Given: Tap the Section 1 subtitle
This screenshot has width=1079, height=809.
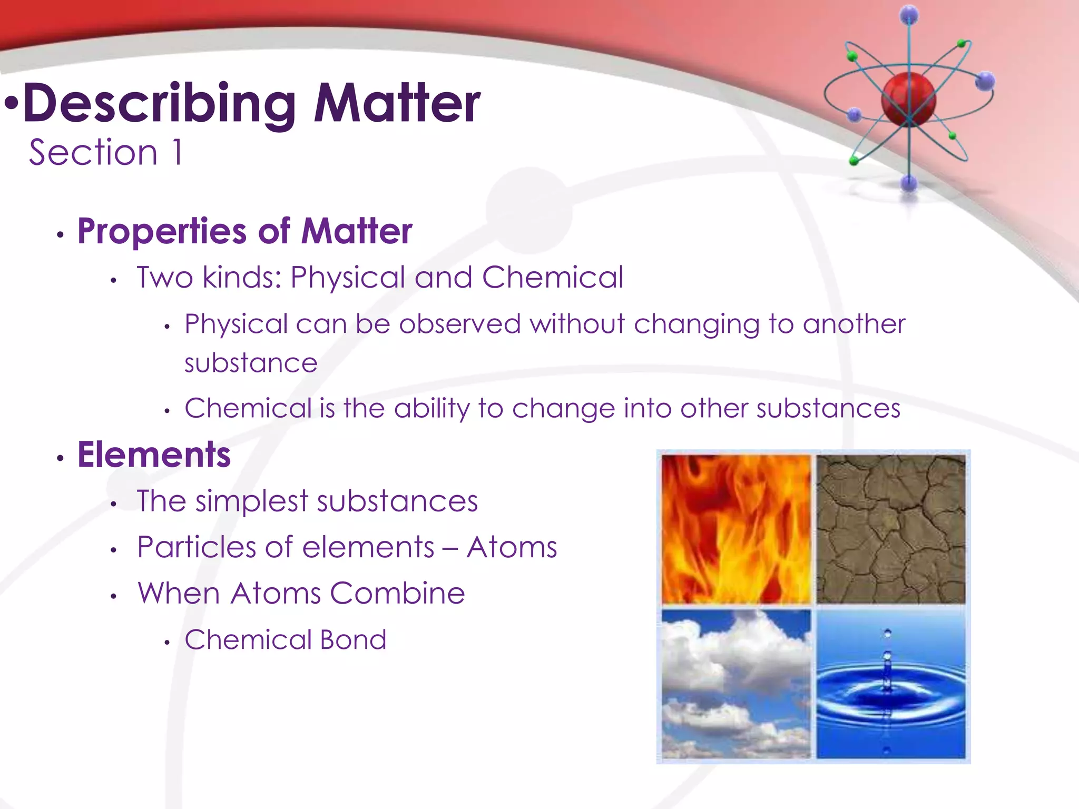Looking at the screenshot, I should coord(106,153).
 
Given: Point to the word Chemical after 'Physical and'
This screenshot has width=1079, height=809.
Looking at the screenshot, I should coord(553,277).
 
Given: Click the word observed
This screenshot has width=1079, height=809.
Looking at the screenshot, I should coord(460,324).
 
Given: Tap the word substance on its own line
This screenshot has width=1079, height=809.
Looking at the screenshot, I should coord(251,363).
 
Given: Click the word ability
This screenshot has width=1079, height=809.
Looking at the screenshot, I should coord(431,409).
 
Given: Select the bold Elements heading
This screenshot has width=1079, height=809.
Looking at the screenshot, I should coord(154,455).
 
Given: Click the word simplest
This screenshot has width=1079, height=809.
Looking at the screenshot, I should coord(251,501).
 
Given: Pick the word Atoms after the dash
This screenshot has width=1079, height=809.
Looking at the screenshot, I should coord(512,547).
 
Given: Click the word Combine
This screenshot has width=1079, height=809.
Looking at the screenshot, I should coord(397,594).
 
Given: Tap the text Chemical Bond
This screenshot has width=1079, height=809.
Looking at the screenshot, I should coord(285,640).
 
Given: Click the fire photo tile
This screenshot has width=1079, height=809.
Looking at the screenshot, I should coord(736,529).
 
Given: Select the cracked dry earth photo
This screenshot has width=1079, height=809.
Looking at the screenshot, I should coord(891,529).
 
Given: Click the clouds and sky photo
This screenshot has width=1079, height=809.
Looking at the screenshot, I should coord(736,684).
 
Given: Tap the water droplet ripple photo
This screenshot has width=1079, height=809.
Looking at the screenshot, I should coord(891,684).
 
